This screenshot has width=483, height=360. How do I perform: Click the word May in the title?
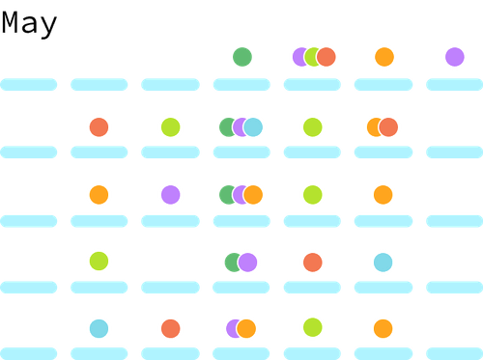click(x=29, y=23)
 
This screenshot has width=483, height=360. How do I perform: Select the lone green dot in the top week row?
click(x=241, y=57)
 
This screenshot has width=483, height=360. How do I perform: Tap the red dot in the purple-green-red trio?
click(x=326, y=57)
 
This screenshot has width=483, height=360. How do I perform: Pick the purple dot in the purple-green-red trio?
click(x=300, y=57)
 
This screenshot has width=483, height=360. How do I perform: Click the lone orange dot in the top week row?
click(x=384, y=57)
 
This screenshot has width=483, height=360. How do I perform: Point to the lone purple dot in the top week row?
click(x=454, y=57)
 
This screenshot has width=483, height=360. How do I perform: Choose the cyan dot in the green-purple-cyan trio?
click(x=253, y=126)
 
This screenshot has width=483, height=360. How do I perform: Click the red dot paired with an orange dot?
click(x=388, y=126)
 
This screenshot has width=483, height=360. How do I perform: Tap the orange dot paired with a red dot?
click(x=375, y=126)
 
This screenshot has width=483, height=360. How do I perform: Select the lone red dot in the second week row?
click(x=99, y=126)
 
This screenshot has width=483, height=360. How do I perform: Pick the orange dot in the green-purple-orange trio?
click(x=253, y=195)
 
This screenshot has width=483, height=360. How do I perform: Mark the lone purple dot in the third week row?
click(x=170, y=195)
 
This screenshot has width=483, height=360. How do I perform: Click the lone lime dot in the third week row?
click(x=312, y=195)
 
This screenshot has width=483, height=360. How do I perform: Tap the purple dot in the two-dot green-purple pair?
click(x=247, y=262)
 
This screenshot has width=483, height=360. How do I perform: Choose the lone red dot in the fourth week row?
click(x=312, y=262)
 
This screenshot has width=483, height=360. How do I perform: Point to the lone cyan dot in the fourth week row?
click(x=384, y=262)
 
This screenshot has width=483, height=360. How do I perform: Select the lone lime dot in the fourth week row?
click(x=99, y=261)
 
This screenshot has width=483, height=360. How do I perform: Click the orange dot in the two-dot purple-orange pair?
click(x=246, y=328)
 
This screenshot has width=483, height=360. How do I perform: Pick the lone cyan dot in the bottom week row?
click(x=99, y=328)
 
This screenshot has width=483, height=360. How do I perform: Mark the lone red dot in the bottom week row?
click(x=170, y=328)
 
